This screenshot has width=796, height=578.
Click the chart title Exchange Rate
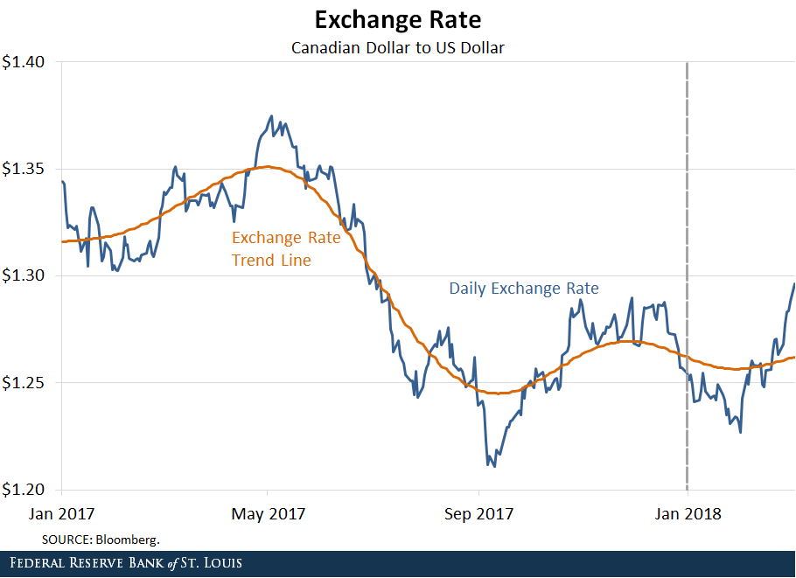(x=398, y=19)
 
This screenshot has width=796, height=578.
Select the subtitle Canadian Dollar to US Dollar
(x=398, y=47)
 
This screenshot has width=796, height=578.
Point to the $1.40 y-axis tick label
(x=28, y=62)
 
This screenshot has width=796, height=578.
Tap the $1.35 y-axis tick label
(x=28, y=169)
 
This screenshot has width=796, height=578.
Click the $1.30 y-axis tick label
(x=28, y=275)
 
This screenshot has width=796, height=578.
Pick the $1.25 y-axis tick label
(x=28, y=382)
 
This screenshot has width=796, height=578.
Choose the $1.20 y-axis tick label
(x=28, y=489)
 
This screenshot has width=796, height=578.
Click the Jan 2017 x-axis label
(x=63, y=513)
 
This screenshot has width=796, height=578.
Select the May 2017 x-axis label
(x=269, y=513)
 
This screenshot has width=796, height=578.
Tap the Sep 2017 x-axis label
(x=478, y=513)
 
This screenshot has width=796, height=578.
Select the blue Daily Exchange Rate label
(x=524, y=288)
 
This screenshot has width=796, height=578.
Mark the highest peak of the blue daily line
(x=271, y=115)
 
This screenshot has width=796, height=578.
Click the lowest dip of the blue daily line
(x=494, y=466)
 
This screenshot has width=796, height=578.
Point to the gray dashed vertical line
(x=686, y=262)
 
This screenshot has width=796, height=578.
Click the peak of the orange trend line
(x=269, y=166)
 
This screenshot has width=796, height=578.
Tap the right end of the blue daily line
(x=794, y=283)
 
